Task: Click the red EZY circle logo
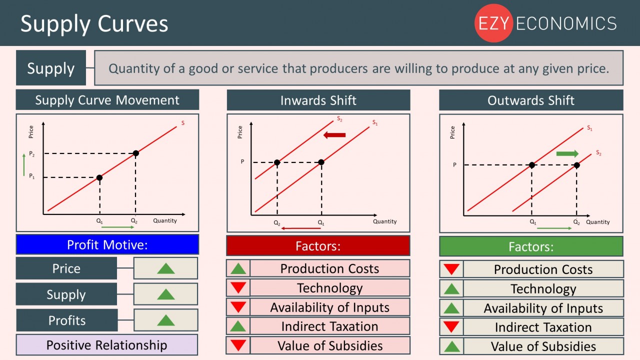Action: click(493, 23)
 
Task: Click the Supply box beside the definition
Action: click(51, 68)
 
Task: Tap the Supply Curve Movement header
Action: click(107, 100)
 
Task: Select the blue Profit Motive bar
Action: click(107, 244)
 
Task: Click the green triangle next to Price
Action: click(165, 268)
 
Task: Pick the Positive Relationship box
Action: click(107, 345)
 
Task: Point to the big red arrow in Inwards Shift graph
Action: click(334, 135)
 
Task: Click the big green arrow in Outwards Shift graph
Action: click(567, 153)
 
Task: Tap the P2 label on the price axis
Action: click(32, 154)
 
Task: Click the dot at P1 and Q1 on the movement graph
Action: click(99, 177)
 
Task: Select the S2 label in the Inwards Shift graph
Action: click(339, 119)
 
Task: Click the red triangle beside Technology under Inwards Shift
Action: click(238, 288)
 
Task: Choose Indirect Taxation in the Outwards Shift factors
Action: click(543, 327)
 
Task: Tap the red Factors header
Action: click(318, 246)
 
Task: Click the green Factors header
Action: click(531, 246)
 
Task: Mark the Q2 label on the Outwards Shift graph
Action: click(576, 222)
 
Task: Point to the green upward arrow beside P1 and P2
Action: click(23, 165)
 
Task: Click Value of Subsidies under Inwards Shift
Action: click(330, 345)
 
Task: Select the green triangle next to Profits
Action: click(165, 320)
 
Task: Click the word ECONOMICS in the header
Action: click(566, 23)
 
